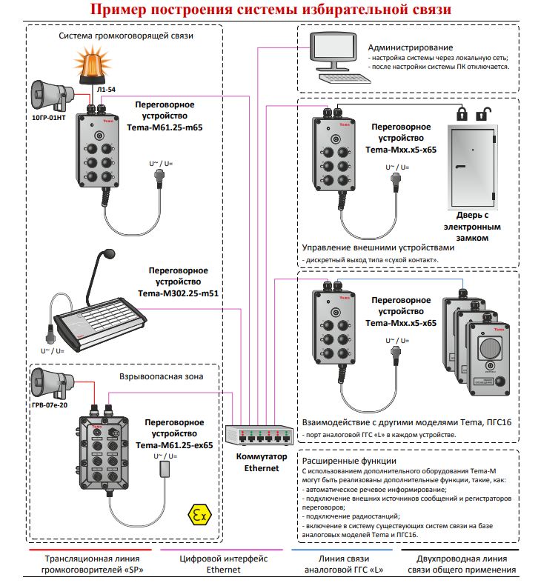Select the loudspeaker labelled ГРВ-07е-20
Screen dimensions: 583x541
pyautogui.click(x=50, y=381)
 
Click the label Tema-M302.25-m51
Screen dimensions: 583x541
pyautogui.click(x=177, y=293)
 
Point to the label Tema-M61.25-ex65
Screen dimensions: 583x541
pyautogui.click(x=178, y=444)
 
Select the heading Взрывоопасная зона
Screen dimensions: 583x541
pyautogui.click(x=161, y=376)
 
